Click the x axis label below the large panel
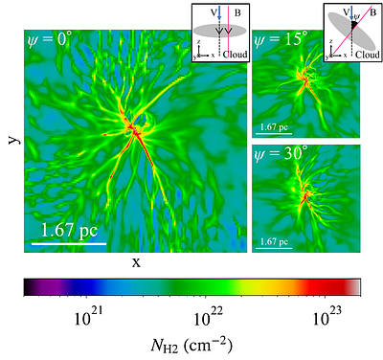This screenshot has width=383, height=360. (x=136, y=262)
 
